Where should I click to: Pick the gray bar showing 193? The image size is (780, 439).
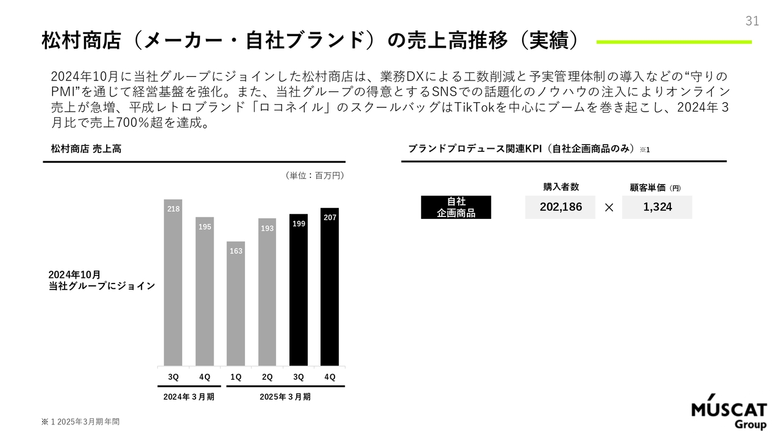pyautogui.click(x=267, y=292)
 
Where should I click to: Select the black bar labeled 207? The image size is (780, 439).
pyautogui.click(x=330, y=287)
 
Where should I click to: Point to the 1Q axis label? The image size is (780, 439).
pyautogui.click(x=236, y=377)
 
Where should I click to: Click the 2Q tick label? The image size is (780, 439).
pyautogui.click(x=267, y=377)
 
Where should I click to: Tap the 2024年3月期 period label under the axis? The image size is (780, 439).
pyautogui.click(x=189, y=397)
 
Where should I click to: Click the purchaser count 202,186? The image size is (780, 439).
pyautogui.click(x=561, y=207)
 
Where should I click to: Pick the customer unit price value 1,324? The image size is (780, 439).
pyautogui.click(x=658, y=207)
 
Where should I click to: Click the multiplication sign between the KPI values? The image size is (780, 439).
pyautogui.click(x=609, y=208)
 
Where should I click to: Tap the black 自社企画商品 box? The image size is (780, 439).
pyautogui.click(x=456, y=207)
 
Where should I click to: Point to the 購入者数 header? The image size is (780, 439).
pyautogui.click(x=561, y=187)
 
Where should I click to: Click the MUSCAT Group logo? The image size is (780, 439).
pyautogui.click(x=729, y=414)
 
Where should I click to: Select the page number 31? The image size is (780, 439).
pyautogui.click(x=752, y=21)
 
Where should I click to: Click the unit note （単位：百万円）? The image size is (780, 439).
pyautogui.click(x=314, y=176)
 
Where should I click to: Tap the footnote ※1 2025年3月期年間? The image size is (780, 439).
pyautogui.click(x=76, y=422)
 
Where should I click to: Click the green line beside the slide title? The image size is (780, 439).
pyautogui.click(x=673, y=42)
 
